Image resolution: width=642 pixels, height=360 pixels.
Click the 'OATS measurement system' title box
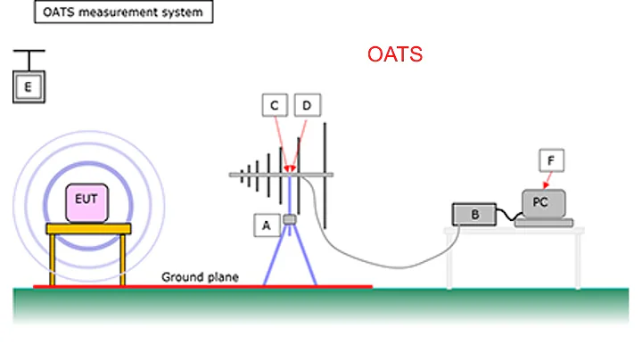[x=123, y=12]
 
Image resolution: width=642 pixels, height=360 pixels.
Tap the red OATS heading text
[x=394, y=55]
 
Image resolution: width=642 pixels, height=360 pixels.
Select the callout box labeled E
[x=28, y=86]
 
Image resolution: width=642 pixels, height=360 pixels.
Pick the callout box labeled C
[x=275, y=106]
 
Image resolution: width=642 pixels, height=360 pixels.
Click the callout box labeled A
[x=264, y=226]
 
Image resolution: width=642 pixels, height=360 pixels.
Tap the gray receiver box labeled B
[x=475, y=215]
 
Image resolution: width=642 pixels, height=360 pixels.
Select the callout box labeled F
[x=551, y=160]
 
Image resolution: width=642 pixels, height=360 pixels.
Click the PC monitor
[x=540, y=203]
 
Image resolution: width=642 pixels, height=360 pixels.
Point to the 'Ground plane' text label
[x=200, y=277]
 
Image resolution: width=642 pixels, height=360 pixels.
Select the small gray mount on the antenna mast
[x=289, y=219]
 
